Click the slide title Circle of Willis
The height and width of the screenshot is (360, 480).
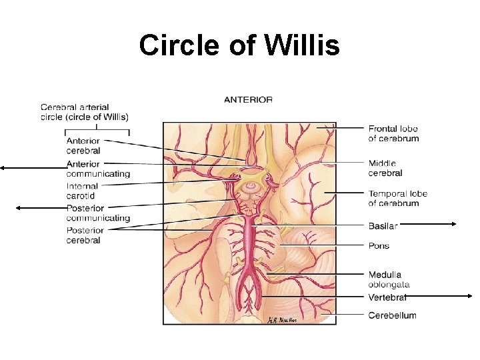(239, 45)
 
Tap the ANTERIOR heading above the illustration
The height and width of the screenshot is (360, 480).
(248, 99)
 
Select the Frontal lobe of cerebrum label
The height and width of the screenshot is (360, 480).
(393, 133)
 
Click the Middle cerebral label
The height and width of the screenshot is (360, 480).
(385, 168)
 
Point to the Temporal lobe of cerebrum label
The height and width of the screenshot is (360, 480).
(397, 198)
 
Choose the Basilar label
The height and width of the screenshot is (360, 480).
(383, 226)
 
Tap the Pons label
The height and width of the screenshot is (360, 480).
(379, 245)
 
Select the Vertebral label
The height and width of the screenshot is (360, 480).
(387, 297)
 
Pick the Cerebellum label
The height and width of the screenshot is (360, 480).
(392, 315)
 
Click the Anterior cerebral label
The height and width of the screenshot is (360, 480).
(83, 145)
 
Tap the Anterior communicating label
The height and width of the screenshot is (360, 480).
(97, 169)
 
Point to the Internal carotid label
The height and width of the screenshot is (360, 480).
(82, 191)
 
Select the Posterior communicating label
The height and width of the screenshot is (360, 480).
(97, 213)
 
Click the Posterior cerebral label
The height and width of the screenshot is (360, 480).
(85, 235)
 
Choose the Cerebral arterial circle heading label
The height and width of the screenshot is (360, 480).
(85, 111)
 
